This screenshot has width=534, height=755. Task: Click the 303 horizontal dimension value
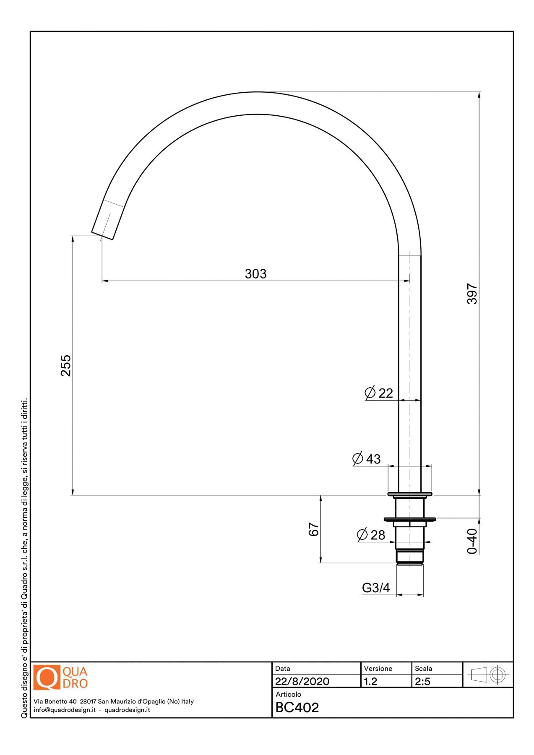[255, 274]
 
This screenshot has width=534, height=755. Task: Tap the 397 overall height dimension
[472, 294]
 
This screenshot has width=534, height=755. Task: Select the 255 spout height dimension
[66, 365]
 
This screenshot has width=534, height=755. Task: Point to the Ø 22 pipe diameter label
[379, 393]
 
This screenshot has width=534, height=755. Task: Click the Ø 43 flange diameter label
[367, 459]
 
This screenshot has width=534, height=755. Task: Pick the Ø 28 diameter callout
[371, 535]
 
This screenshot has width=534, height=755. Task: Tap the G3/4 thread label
[376, 588]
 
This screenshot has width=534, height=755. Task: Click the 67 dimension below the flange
[314, 529]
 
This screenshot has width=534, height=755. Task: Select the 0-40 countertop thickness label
[472, 541]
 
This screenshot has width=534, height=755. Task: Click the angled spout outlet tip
[103, 235]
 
